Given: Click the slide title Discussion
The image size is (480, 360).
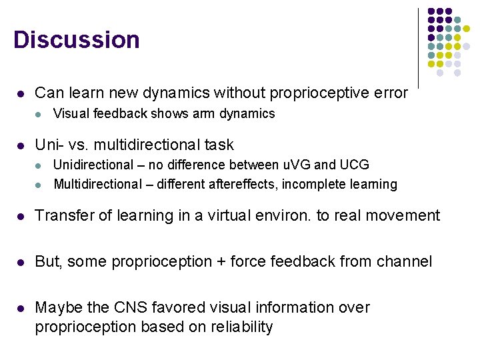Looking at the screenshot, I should click(76, 40).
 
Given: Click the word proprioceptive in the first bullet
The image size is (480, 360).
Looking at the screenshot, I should click(337, 93).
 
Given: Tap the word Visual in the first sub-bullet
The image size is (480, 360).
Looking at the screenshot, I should click(71, 114).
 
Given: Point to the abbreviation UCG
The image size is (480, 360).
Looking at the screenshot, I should click(354, 165).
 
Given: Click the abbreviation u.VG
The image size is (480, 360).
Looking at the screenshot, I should click(299, 165).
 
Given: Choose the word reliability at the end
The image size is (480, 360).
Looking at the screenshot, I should click(240, 327).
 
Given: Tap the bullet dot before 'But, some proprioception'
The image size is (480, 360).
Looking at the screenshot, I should click(21, 262).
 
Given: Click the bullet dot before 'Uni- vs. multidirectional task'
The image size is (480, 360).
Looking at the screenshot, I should click(21, 145).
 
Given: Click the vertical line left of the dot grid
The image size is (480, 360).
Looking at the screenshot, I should click(418, 47).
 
